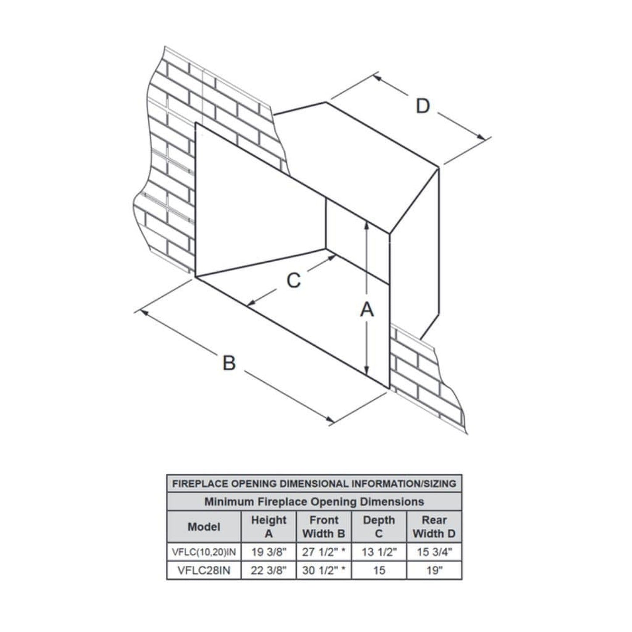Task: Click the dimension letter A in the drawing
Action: click(367, 310)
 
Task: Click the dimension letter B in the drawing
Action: click(229, 363)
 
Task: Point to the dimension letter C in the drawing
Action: click(293, 280)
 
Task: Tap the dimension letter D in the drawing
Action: click(422, 106)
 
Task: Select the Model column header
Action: click(204, 527)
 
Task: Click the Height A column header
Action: click(269, 527)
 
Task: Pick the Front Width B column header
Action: click(324, 527)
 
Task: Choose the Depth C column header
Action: click(379, 527)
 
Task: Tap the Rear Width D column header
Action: click(434, 527)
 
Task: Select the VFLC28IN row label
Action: click(204, 570)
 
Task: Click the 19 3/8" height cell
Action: click(269, 552)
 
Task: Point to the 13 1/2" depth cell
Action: click(379, 552)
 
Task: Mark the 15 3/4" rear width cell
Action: click(434, 552)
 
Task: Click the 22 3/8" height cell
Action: click(269, 570)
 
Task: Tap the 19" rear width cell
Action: click(434, 570)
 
